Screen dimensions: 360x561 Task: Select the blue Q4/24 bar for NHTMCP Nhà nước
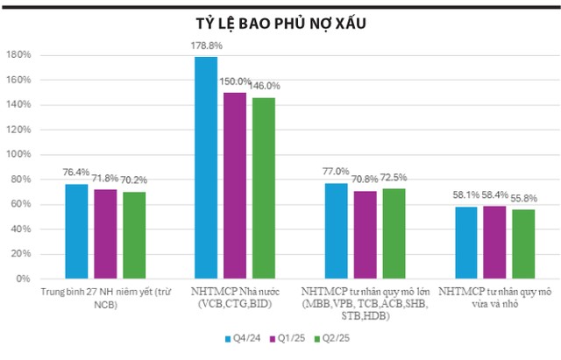coord(205,167)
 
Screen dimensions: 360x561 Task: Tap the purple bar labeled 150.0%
coord(234,185)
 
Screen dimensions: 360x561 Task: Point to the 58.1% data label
coord(465,195)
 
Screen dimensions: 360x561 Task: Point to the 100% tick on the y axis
coord(19,154)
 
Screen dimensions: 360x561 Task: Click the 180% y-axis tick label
coord(19,55)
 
